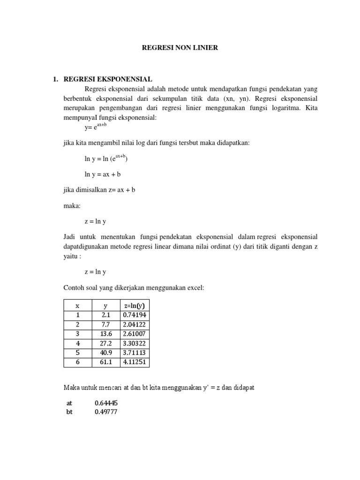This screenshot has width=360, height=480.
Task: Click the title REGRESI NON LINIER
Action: pyautogui.click(x=180, y=48)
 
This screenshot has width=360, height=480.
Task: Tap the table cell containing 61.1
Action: pyautogui.click(x=105, y=362)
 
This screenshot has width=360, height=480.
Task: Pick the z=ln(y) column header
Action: pyautogui.click(x=134, y=305)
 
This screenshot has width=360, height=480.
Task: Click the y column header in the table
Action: pyautogui.click(x=105, y=305)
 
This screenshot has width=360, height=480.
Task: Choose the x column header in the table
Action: pyautogui.click(x=77, y=305)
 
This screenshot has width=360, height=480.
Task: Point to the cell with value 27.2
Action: pyautogui.click(x=105, y=343)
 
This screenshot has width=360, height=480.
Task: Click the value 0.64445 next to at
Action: pyautogui.click(x=105, y=403)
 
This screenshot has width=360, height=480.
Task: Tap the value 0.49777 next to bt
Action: pyautogui.click(x=105, y=412)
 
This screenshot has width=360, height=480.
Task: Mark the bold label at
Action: pyautogui.click(x=70, y=403)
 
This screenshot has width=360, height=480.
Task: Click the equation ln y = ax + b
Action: pyautogui.click(x=103, y=174)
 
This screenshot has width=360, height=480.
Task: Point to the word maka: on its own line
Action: pyautogui.click(x=71, y=206)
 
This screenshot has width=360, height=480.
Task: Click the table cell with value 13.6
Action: pyautogui.click(x=105, y=334)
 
